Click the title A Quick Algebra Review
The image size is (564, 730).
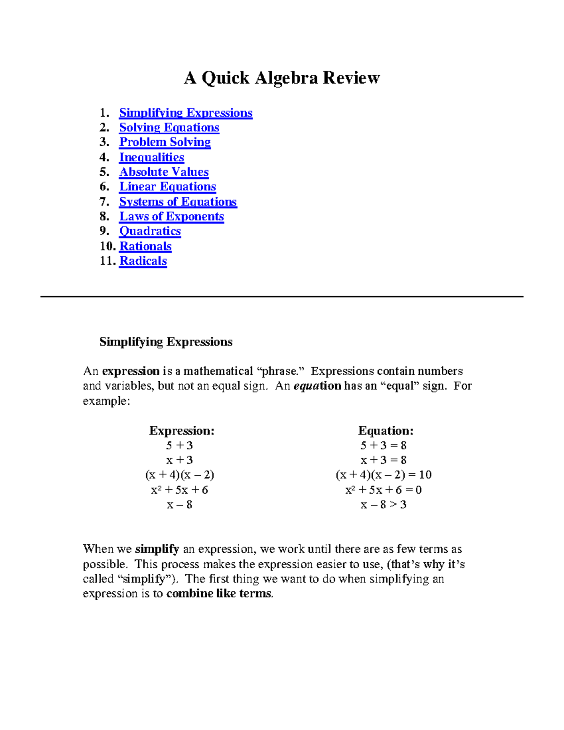pos(282,78)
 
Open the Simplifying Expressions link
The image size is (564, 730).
pos(186,113)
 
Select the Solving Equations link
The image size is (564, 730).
pos(169,127)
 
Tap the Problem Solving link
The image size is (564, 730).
pos(165,142)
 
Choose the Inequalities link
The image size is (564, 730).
pos(151,157)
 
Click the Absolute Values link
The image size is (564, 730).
pos(164,172)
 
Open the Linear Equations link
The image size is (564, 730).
pos(167,187)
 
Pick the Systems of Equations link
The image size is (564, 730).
pos(178,202)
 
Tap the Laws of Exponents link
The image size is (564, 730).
pos(172,216)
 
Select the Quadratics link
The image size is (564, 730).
pos(150,231)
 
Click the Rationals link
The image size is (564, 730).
pos(146,246)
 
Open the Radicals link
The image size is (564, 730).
pos(143,261)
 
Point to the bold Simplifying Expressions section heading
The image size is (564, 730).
pos(166,342)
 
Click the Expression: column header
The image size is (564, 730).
pos(181,431)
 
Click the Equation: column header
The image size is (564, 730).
pos(386,431)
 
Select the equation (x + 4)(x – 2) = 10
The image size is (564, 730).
pos(384,475)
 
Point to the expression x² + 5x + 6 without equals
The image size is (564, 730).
pos(180,490)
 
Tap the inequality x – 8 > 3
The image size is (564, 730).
pos(384,504)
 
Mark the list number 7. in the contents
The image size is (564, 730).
pos(104,202)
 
